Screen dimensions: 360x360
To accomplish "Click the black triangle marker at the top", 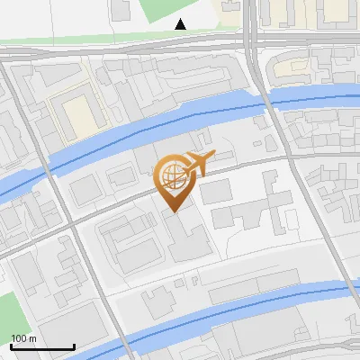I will [181, 24].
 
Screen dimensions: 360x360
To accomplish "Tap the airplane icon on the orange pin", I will [197, 163].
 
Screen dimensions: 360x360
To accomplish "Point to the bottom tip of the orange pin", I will [174, 212].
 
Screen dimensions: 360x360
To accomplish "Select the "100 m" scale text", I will [22, 337].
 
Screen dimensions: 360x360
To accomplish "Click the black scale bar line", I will [42, 346].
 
